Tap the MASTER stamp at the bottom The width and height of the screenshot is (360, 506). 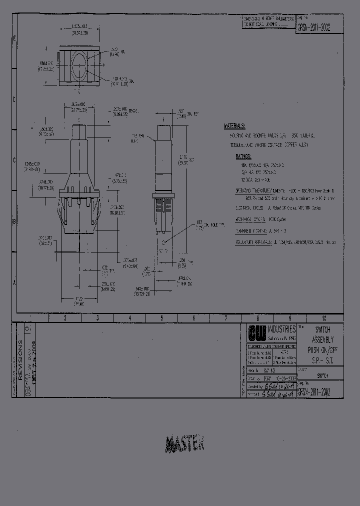point(184,443)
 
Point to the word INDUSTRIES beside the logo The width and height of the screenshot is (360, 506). point(281,329)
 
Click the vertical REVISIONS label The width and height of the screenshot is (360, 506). point(20,360)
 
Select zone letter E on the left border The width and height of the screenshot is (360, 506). point(14,38)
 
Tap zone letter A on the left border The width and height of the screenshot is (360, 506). point(14,282)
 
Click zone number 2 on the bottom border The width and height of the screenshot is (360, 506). point(65,318)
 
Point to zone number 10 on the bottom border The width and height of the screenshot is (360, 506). point(324,318)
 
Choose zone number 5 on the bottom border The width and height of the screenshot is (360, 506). point(161,318)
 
